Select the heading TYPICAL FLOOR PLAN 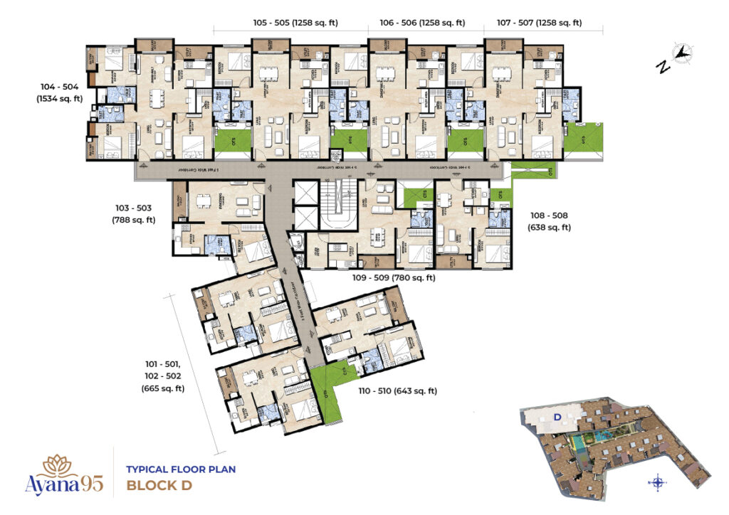point(181,469)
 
